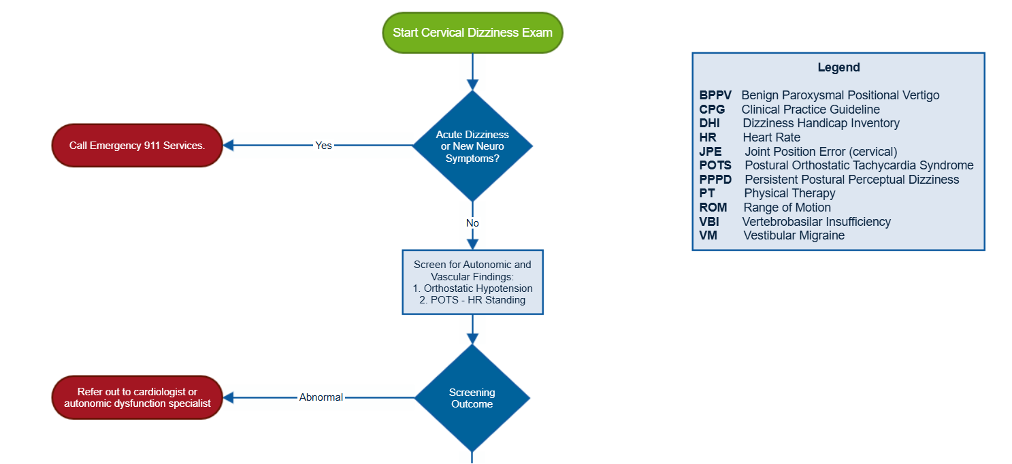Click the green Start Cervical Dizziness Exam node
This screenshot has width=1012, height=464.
coord(472,33)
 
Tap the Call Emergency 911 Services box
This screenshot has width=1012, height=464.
coord(137,146)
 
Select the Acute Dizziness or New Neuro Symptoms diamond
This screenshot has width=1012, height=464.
coord(472,146)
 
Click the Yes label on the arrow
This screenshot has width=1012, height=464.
coord(323,146)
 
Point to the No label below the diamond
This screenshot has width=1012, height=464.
coord(472,223)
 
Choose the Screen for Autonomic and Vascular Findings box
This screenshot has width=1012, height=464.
coord(472,282)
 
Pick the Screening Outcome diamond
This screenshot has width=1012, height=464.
coord(472,398)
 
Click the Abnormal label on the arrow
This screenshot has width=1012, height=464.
coord(321,397)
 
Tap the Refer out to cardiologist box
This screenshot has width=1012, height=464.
coord(137,397)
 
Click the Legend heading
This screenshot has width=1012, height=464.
coord(838,67)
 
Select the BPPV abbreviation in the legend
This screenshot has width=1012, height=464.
coord(715,95)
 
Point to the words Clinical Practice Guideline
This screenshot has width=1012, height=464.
coord(811,110)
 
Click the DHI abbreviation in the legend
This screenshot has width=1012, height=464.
coord(709,123)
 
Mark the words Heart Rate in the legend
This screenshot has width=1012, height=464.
coord(771,137)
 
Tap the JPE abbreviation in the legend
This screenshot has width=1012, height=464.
coord(711,152)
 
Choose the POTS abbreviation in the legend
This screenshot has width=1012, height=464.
coord(715,165)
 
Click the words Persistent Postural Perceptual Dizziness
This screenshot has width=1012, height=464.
coord(851,180)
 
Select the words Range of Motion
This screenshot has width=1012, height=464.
coord(787,208)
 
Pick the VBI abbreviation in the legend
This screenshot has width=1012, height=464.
coord(709,222)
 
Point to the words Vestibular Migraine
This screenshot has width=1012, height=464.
coord(794,235)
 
